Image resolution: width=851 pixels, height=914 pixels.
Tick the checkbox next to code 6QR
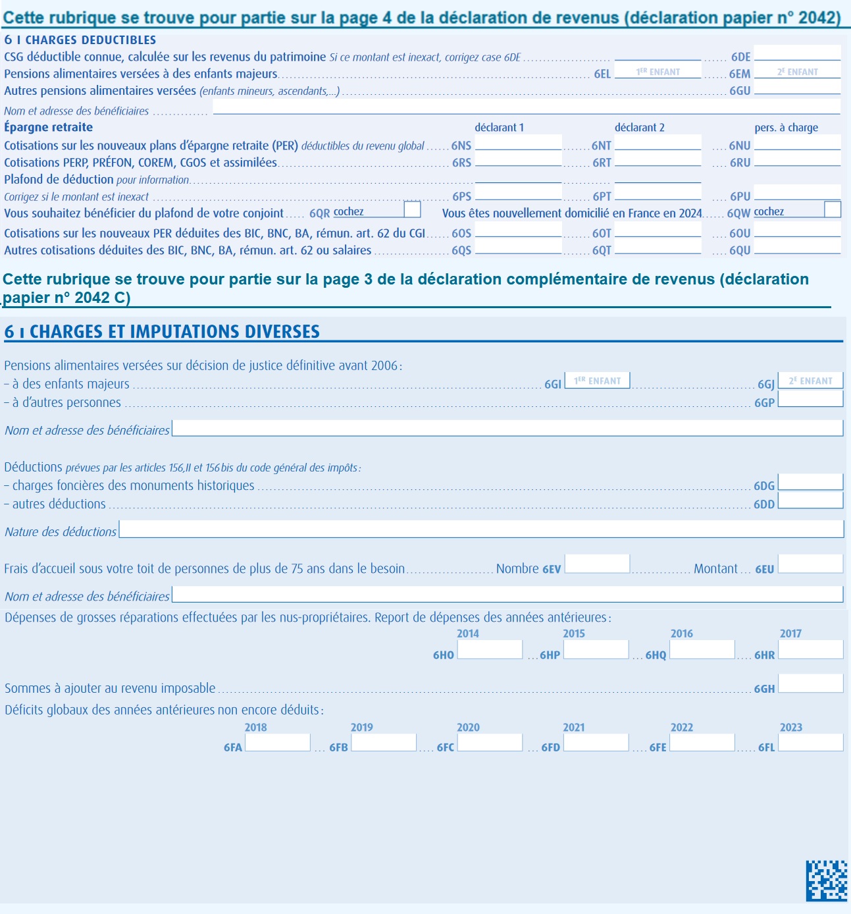[x=412, y=209]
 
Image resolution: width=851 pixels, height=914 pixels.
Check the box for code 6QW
[x=833, y=209]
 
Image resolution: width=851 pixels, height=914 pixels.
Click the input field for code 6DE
[x=797, y=53]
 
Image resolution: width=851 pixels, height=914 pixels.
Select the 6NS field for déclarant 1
[x=518, y=143]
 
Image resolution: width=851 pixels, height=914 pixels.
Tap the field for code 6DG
[x=810, y=482]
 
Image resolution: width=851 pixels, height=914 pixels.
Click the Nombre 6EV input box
[x=597, y=564]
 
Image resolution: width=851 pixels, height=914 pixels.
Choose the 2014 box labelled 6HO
[x=490, y=650]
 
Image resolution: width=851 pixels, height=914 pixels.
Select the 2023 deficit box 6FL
[x=810, y=743]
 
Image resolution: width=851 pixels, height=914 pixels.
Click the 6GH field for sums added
[x=810, y=684]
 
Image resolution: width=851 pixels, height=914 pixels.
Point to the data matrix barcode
[x=827, y=880]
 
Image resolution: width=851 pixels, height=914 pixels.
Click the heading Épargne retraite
[x=49, y=127]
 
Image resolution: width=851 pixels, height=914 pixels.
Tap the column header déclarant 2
[x=639, y=128]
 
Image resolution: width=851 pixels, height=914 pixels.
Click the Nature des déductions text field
[x=480, y=529]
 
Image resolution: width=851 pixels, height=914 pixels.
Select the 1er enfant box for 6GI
[x=598, y=381]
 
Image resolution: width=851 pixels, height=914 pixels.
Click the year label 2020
[x=468, y=728]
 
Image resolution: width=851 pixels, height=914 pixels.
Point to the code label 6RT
[x=602, y=163]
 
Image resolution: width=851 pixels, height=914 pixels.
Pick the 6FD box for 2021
[x=596, y=743]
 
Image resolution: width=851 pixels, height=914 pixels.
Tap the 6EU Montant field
[x=810, y=564]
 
